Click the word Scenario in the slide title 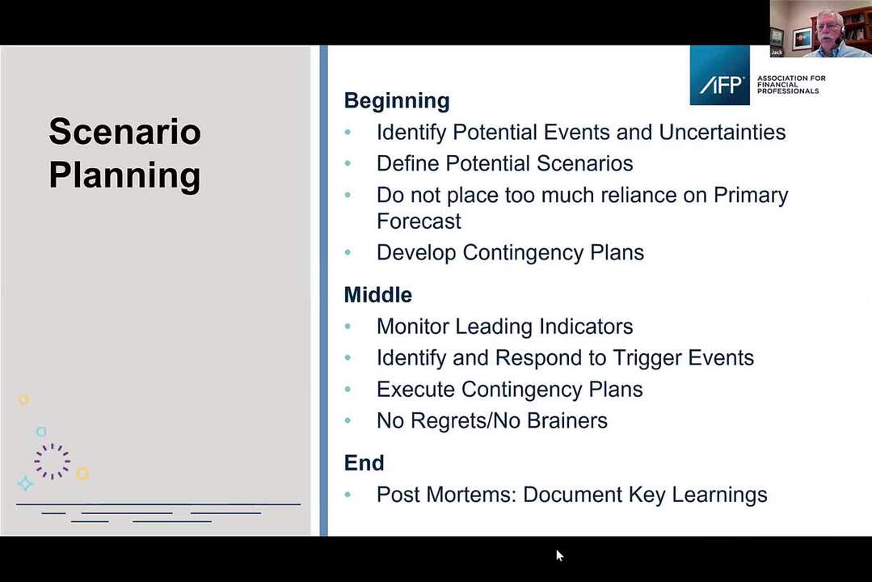click(124, 132)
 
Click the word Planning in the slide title click(124, 176)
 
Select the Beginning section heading click(397, 101)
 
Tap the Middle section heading click(378, 295)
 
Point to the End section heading click(364, 463)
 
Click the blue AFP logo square click(719, 75)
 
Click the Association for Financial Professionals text click(791, 85)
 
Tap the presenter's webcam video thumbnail click(821, 28)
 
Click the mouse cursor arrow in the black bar click(559, 555)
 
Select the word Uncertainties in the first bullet click(722, 133)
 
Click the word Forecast click(419, 221)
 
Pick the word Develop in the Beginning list click(416, 253)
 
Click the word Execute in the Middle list click(415, 390)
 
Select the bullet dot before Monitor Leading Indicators click(348, 327)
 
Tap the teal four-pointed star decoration click(25, 483)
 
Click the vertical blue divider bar click(323, 290)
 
